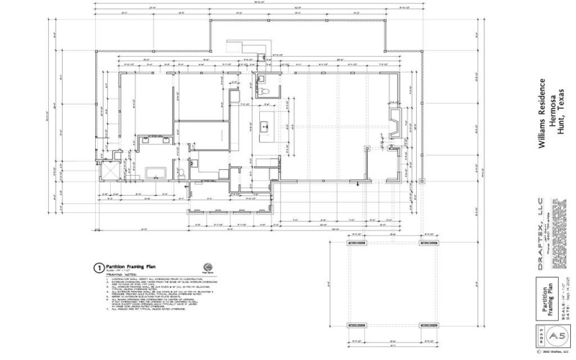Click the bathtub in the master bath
(155, 173)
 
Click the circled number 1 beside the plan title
(97, 266)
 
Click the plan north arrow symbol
(208, 264)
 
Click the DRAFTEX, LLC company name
(541, 238)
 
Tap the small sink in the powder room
(261, 78)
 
